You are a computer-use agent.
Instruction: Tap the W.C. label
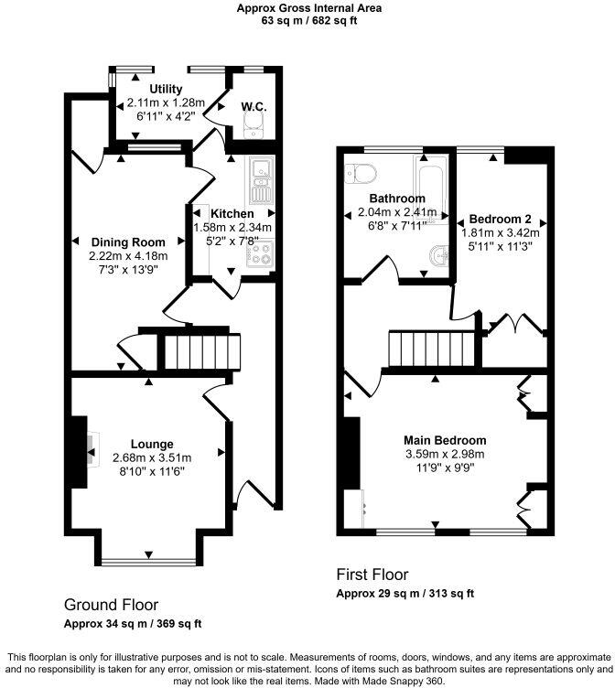(254, 107)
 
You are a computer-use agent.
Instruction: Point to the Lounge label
(151, 444)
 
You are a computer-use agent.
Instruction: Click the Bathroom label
(396, 199)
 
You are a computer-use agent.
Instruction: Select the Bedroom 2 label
(500, 219)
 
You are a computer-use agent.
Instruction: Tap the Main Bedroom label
(445, 440)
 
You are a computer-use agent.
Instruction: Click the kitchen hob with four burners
(261, 253)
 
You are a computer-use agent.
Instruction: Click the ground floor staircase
(200, 351)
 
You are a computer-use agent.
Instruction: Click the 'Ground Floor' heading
(111, 605)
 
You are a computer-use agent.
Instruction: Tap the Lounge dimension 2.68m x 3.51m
(151, 457)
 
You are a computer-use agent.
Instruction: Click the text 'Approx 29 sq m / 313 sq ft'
(405, 593)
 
